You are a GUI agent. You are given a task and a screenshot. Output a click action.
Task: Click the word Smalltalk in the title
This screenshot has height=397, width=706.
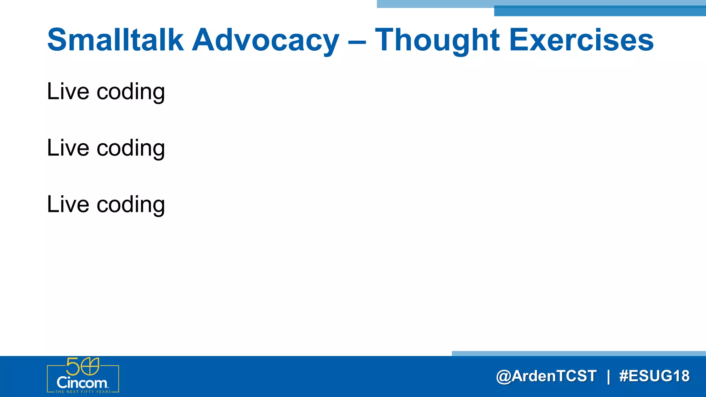pyautogui.click(x=115, y=40)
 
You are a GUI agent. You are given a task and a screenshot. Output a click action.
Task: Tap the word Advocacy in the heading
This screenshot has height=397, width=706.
pyautogui.click(x=265, y=41)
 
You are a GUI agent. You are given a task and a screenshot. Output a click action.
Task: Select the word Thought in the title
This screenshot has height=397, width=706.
pyautogui.click(x=437, y=41)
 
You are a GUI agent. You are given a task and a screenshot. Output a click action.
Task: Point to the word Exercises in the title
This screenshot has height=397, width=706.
pyautogui.click(x=581, y=40)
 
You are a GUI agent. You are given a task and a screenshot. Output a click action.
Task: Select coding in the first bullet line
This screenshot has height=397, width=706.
pyautogui.click(x=131, y=92)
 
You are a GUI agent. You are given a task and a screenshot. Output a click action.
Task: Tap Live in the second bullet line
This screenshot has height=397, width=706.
pyautogui.click(x=68, y=148)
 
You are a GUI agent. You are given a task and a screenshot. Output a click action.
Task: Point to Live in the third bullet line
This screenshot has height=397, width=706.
pyautogui.click(x=68, y=204)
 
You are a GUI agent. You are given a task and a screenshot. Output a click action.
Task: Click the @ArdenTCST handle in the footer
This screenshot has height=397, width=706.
pyautogui.click(x=546, y=376)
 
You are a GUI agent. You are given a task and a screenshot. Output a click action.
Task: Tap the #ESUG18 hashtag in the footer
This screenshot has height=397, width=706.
pyautogui.click(x=654, y=376)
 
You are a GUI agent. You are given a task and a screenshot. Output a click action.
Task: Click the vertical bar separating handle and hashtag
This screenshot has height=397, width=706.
pyautogui.click(x=608, y=376)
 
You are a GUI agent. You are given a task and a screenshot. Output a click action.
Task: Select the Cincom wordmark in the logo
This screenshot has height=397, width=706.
pyautogui.click(x=82, y=383)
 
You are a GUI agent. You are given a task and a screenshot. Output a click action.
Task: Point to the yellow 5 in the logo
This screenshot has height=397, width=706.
pyautogui.click(x=73, y=366)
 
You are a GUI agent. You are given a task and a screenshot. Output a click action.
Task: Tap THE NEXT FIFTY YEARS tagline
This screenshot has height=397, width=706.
pyautogui.click(x=83, y=392)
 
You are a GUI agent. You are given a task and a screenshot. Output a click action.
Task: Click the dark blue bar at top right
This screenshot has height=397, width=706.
pyautogui.click(x=600, y=11)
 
